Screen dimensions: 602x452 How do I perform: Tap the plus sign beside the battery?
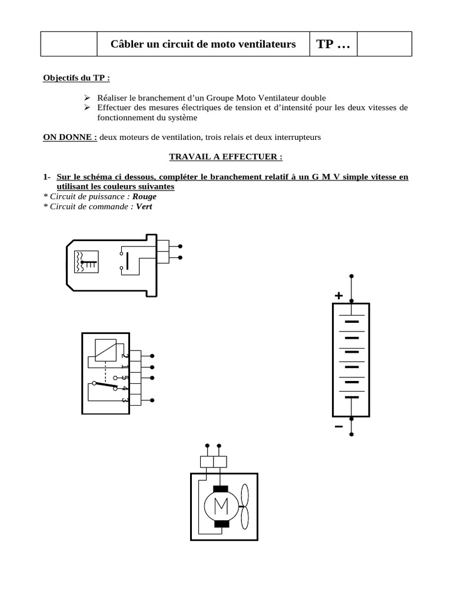[338, 296]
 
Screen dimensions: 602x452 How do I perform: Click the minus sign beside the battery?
[338, 426]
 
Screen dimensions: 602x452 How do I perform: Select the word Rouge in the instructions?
[145, 197]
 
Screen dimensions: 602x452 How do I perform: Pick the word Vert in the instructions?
[144, 206]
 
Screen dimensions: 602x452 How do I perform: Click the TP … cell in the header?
[333, 45]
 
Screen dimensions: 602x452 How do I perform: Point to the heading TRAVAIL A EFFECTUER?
[226, 157]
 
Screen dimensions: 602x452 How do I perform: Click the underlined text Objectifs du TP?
[77, 78]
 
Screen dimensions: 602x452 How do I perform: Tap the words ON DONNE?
[70, 138]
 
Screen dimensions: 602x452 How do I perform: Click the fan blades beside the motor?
[245, 505]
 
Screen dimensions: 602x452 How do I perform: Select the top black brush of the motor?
[221, 488]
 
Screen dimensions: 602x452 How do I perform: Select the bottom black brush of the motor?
[221, 524]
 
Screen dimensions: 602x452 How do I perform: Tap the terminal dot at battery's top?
[351, 276]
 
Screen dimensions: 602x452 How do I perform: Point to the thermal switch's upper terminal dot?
[180, 246]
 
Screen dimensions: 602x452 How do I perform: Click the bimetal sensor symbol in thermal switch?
[87, 262]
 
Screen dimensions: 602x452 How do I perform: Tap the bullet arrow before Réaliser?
[86, 98]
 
